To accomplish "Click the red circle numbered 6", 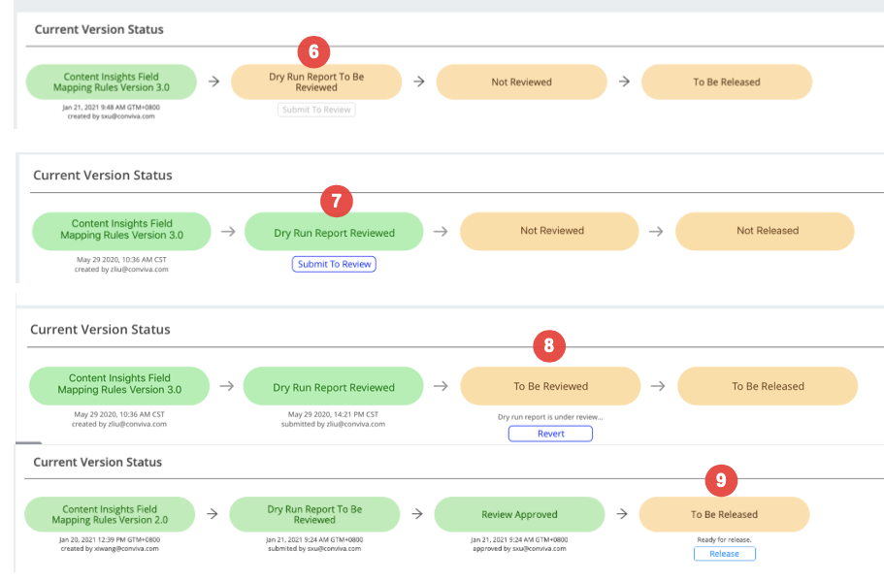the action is pos(314,51).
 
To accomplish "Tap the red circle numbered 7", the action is pos(337,201).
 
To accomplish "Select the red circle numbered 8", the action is pos(549,345).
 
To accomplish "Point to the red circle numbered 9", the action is pos(721,480).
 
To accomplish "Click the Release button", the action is pos(725,554).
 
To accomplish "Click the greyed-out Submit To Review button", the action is pos(316,110).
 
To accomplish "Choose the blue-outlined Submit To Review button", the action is pos(335,264).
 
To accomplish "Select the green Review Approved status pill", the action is pos(519,514).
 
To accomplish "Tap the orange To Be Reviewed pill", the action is pos(550,386).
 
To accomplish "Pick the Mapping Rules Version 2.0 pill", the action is pos(110,514).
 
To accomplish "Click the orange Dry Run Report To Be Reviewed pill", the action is pos(316,81).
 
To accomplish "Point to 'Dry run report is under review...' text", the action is pos(550,417).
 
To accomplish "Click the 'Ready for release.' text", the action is pos(725,539).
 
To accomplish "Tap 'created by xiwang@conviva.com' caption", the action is pos(110,549).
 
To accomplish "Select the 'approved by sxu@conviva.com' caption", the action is pos(519,549).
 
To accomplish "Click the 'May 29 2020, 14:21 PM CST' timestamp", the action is pos(333,414).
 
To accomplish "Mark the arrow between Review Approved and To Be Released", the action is pos(622,514).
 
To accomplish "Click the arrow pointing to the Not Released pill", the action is pos(656,231).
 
